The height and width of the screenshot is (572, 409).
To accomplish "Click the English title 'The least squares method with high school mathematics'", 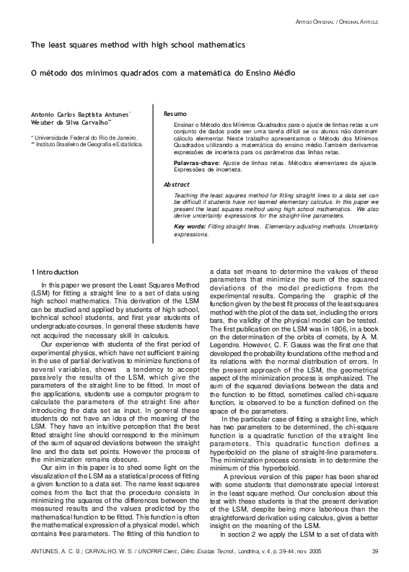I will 137,45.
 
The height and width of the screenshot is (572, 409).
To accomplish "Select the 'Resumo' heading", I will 175,115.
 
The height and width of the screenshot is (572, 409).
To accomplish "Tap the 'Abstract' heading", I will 177,184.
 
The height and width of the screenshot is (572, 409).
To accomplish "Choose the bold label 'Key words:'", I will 190,227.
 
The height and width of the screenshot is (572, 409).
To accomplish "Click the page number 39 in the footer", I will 374,552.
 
